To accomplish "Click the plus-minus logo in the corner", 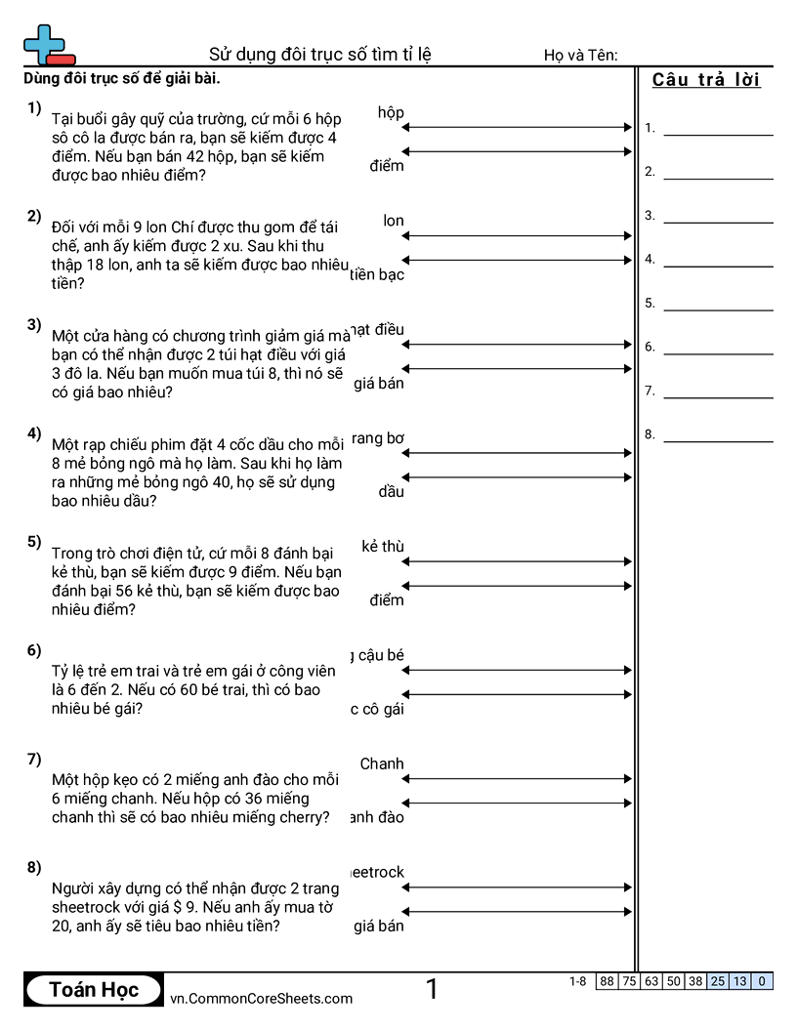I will point(48,45).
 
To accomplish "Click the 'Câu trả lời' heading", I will point(706,80).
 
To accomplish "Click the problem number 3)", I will point(34,325).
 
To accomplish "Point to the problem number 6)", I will point(34,650).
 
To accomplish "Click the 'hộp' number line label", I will point(391,113).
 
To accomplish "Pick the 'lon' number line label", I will point(394,222).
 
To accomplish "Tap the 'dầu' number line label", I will point(392,492).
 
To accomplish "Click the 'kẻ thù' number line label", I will point(383,547).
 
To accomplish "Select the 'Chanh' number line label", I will point(382,764).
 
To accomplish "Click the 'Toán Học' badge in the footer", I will point(94,990).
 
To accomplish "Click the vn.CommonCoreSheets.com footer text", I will point(262,999).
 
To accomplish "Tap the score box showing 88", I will point(607,981).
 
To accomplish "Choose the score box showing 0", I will point(762,981).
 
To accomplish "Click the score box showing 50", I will point(673,981).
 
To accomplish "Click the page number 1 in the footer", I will point(432,990).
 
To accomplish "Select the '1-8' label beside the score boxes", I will point(578,981).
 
